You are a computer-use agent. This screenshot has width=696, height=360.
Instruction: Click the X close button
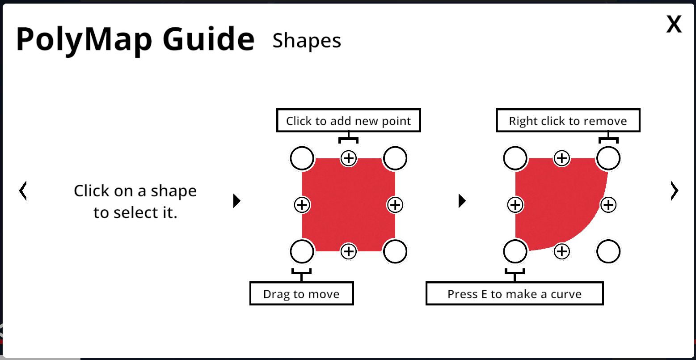tap(674, 24)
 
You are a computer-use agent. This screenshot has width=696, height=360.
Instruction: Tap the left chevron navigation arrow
tap(23, 191)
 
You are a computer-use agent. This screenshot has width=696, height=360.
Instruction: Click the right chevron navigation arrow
tap(674, 191)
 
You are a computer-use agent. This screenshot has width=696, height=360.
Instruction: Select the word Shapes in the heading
tap(307, 41)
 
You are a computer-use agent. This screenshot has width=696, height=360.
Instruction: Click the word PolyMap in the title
tap(84, 40)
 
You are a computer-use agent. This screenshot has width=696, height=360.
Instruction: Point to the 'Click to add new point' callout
tap(348, 120)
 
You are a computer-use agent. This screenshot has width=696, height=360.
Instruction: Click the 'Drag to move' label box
tap(301, 293)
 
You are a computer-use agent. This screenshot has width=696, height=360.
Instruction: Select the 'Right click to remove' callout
tap(568, 120)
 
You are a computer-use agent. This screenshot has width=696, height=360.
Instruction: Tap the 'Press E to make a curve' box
tap(515, 293)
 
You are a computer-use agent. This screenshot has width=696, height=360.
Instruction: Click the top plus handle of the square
tap(348, 158)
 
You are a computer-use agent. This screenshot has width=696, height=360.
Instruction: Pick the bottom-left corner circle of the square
tap(302, 251)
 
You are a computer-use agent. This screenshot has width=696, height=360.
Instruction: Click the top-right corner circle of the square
tap(395, 158)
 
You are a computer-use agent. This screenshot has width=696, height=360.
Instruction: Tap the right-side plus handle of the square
tap(395, 205)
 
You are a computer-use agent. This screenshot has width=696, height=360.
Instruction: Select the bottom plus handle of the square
tap(348, 251)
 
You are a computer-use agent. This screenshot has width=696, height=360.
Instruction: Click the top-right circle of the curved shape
tap(608, 158)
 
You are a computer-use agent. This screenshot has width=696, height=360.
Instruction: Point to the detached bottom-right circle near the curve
tap(608, 251)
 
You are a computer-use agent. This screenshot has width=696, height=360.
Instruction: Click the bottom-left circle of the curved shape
tap(515, 251)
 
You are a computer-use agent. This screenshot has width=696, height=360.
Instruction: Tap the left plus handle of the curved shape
tap(515, 205)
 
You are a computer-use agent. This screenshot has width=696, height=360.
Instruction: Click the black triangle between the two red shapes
tap(462, 200)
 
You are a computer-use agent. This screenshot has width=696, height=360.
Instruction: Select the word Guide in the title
tap(208, 39)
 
